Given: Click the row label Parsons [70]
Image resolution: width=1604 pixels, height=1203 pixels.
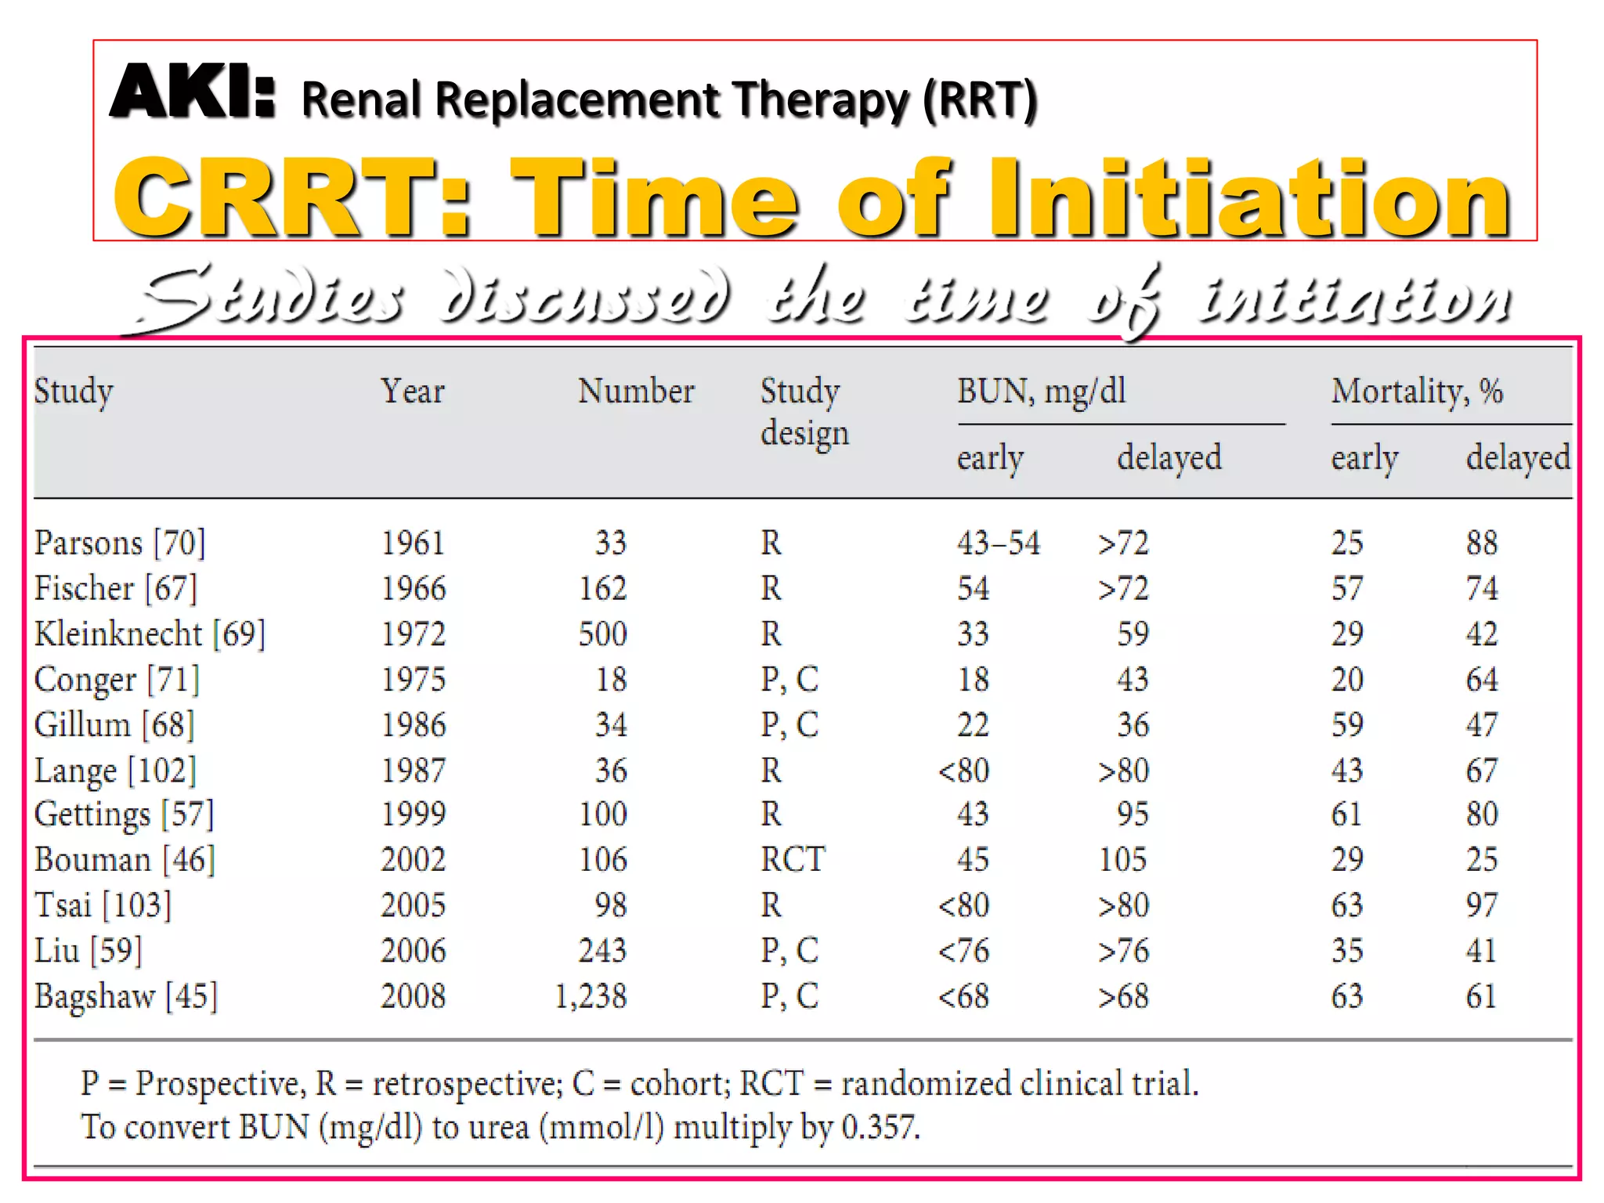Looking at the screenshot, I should (x=120, y=543).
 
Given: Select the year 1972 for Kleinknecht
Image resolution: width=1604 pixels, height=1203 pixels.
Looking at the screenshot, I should (x=413, y=634).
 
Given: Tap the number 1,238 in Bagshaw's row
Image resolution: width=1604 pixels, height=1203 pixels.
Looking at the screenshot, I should (x=591, y=996).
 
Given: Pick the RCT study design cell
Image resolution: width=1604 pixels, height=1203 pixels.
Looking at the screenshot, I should (x=793, y=859).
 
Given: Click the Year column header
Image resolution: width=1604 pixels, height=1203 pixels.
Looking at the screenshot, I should (x=413, y=391).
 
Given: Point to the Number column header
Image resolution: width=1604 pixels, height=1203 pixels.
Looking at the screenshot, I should (x=636, y=391).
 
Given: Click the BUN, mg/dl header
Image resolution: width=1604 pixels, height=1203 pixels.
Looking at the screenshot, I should (x=1041, y=391).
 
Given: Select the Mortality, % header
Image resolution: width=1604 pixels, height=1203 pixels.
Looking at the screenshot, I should (x=1417, y=391).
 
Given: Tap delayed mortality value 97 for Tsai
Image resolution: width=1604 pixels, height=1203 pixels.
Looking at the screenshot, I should (x=1481, y=905).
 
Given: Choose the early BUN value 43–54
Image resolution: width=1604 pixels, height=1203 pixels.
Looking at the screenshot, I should (x=999, y=543).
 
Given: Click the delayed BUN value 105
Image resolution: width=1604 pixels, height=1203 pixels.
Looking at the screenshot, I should (x=1122, y=859).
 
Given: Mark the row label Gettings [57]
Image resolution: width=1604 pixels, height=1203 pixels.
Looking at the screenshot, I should (x=124, y=815).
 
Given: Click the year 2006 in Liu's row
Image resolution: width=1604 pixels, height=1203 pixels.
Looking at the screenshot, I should (x=413, y=951).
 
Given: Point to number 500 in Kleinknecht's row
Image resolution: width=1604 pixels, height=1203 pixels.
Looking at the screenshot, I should (x=602, y=634).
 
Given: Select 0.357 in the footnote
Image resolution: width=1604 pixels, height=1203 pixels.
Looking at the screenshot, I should (x=880, y=1127).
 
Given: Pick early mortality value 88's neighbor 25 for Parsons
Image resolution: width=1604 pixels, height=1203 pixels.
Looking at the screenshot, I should (x=1347, y=543).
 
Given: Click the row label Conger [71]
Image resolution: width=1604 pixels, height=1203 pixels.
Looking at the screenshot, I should (x=117, y=679).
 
